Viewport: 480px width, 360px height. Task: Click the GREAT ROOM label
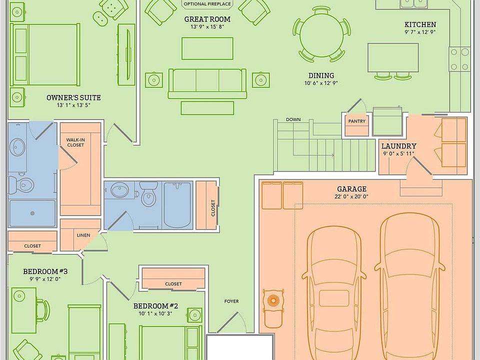pos(207,19)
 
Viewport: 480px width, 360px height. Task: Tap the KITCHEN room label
pos(420,24)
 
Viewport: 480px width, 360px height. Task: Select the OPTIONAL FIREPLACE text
pos(207,4)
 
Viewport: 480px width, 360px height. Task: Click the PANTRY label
pos(357,121)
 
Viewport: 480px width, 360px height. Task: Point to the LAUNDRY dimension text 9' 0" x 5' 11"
pos(398,153)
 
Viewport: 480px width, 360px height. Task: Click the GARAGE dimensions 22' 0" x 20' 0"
pos(351,196)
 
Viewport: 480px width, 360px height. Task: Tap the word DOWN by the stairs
pos(293,119)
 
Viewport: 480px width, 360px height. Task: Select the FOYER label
pos(231,301)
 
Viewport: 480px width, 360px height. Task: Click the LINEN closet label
pos(83,235)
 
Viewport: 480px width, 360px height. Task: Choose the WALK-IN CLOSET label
pos(75,142)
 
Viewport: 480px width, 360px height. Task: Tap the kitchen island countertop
pos(393,57)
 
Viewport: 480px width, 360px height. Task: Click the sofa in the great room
pos(207,83)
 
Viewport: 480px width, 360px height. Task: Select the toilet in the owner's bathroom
pos(21,185)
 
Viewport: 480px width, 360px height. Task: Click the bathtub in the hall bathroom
pos(177,205)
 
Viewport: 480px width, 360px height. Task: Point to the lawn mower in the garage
pos(273,307)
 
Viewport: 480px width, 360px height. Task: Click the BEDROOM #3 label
pos(45,271)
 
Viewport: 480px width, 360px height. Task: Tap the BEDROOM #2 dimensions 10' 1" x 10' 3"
pos(155,313)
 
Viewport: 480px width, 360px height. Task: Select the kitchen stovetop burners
pos(459,59)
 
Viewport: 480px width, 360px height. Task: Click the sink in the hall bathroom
pos(120,190)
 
